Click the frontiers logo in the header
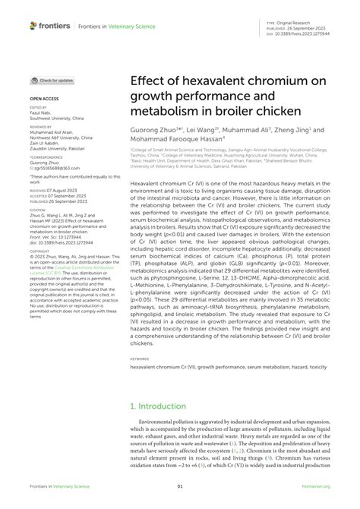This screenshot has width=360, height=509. pyautogui.click(x=50, y=25)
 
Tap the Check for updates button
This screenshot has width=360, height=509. pyautogui.click(x=52, y=80)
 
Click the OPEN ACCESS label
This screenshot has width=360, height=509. pyautogui.click(x=43, y=99)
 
